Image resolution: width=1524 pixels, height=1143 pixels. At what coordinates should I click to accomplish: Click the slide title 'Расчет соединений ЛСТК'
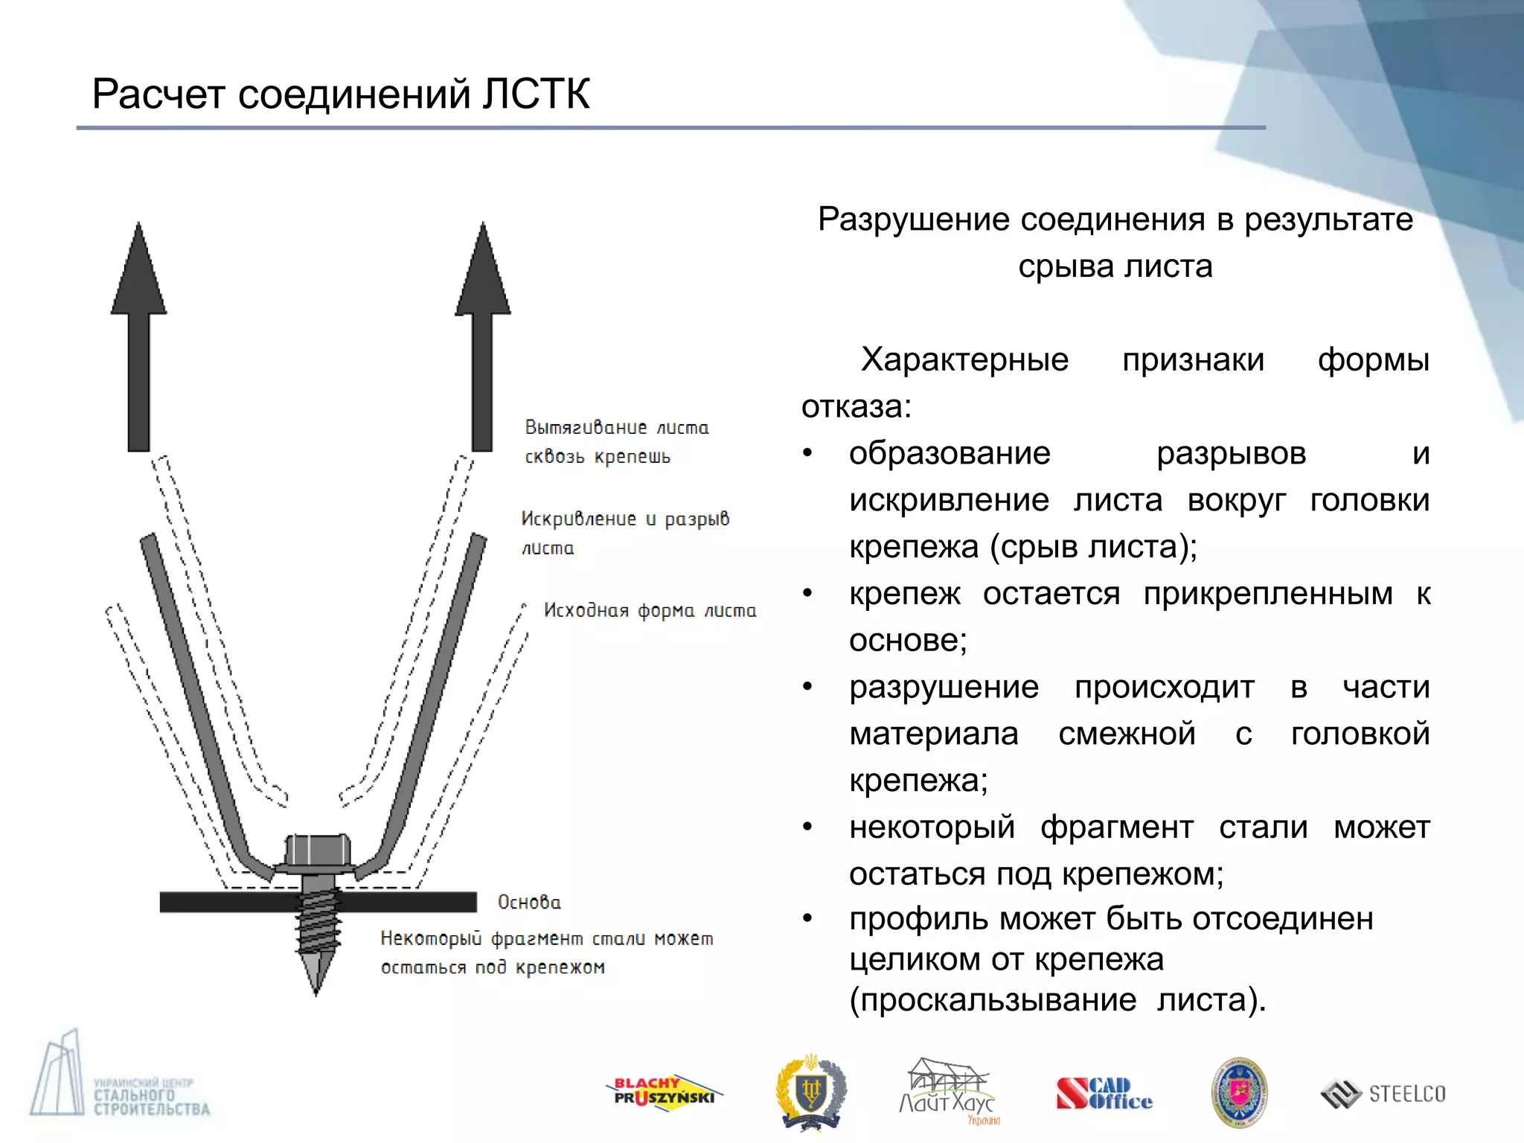pos(341,95)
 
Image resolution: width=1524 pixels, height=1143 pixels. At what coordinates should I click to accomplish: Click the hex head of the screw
pos(318,850)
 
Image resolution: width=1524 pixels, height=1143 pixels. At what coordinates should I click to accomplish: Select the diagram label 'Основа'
pos(529,903)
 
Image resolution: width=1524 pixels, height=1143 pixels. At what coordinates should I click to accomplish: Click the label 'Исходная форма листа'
pos(650,611)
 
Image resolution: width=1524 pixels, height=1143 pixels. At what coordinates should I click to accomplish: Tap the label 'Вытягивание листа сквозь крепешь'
pos(616,442)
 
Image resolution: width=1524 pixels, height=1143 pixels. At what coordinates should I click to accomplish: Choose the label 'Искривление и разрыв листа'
pos(624,533)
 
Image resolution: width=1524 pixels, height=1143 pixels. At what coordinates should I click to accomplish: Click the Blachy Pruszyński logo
pos(662,1093)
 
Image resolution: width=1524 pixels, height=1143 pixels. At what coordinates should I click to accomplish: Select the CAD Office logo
pos(1104,1093)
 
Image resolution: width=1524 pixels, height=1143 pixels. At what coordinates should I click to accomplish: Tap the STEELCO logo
pos(1383,1094)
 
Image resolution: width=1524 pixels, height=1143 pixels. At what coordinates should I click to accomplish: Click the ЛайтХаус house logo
pos(947,1090)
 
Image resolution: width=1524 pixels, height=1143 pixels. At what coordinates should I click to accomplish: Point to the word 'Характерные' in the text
pos(964,360)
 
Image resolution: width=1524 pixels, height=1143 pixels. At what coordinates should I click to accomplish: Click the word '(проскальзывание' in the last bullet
pos(993,1000)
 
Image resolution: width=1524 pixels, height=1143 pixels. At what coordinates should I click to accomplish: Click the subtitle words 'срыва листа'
pos(1115,266)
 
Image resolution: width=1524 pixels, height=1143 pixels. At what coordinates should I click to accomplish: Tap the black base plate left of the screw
pos(223,902)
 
